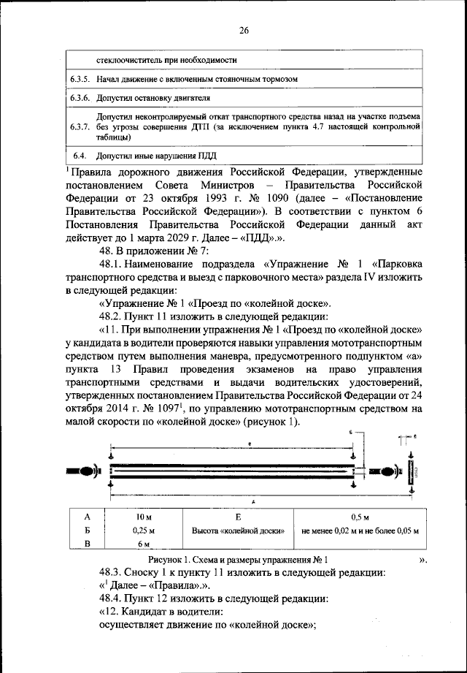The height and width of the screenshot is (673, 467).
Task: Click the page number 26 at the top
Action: click(243, 30)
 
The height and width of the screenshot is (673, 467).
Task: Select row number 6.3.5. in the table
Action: click(80, 78)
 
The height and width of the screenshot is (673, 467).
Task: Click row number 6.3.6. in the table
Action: click(80, 97)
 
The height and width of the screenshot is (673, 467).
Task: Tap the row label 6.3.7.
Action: click(80, 126)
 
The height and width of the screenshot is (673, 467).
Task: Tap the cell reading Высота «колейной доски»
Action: click(237, 530)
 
